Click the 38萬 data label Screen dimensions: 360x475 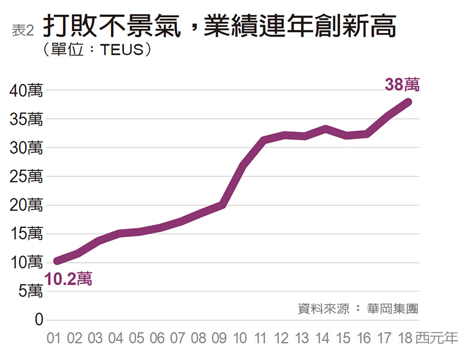coord(402,85)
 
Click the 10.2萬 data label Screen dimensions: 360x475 coord(68,279)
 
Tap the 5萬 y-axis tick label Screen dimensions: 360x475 coord(30,292)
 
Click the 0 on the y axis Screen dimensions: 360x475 coord(39,320)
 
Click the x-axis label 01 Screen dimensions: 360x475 coord(55,338)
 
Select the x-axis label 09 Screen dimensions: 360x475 coord(219,338)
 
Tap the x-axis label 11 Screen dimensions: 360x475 coord(260,338)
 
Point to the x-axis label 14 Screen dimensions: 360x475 coord(322,338)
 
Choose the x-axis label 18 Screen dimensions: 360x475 coord(405,338)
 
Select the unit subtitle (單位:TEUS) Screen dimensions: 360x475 coord(96,50)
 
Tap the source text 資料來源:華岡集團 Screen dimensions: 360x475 coord(357,309)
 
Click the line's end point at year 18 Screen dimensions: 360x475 coord(408,101)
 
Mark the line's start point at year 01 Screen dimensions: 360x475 coord(57,261)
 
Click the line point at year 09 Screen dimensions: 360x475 coord(222,205)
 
